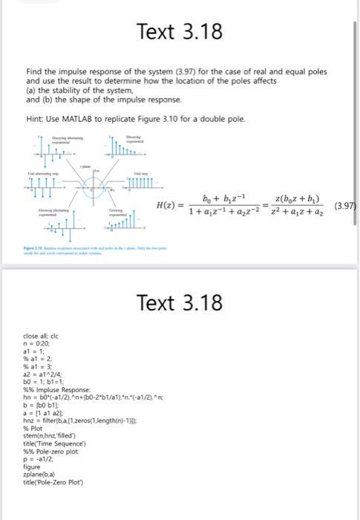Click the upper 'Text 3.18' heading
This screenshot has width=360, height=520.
point(180,32)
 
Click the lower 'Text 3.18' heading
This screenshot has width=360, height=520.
point(180,302)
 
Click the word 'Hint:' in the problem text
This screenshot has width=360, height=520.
point(34,120)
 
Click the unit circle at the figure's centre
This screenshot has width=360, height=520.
point(94,181)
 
